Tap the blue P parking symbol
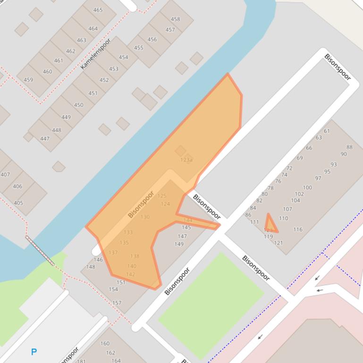coord(34,352)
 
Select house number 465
coord(98,10)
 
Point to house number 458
coord(175,19)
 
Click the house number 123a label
coord(186,160)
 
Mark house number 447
coord(45,139)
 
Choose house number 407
coord(5,174)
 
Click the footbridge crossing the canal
coord(40,250)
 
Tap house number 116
coord(297,230)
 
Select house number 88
coord(349,147)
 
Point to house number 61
coord(327,131)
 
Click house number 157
coord(117,303)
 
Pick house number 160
coord(105,344)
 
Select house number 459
coord(28,80)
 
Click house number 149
coord(179,244)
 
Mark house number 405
coord(18,203)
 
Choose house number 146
coord(98,260)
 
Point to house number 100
coord(307,188)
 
